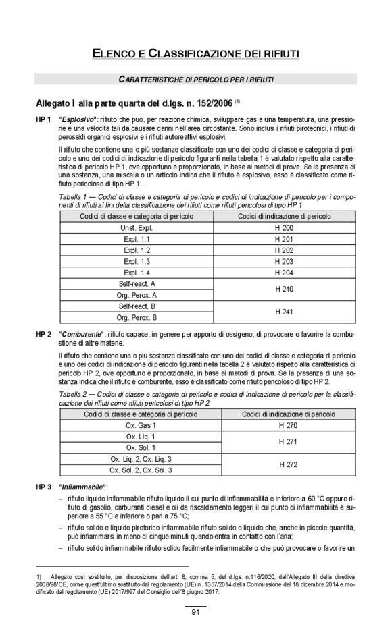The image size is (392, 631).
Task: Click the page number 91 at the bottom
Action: click(x=195, y=612)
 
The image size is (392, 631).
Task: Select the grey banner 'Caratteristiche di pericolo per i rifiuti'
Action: click(x=196, y=80)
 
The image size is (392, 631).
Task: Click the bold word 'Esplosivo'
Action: click(x=80, y=119)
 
